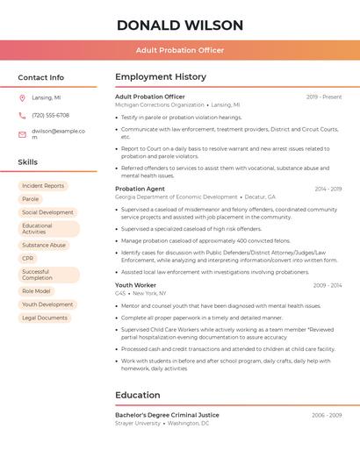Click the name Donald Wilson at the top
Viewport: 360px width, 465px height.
[179, 25]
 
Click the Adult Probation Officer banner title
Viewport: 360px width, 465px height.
[180, 50]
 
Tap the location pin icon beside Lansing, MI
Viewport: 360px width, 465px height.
[22, 97]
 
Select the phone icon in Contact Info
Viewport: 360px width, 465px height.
[22, 115]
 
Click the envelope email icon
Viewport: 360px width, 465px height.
[22, 134]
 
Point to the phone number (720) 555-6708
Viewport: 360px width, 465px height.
[50, 115]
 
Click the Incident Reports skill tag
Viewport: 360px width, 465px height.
[43, 186]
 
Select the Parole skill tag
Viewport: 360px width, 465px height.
[31, 199]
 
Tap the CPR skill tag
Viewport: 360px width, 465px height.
[28, 259]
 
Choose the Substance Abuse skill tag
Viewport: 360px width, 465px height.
[44, 246]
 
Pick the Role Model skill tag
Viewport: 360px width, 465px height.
[36, 291]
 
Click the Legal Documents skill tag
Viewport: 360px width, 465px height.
[45, 318]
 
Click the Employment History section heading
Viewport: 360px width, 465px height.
[161, 77]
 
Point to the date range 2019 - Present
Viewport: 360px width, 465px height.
[324, 97]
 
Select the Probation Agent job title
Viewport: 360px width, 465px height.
[140, 189]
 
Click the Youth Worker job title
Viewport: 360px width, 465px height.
[135, 285]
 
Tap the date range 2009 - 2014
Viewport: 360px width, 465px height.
[327, 285]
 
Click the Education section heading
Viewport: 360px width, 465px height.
[138, 395]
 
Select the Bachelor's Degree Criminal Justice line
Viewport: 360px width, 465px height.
[167, 415]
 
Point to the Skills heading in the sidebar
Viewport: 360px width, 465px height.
[28, 162]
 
